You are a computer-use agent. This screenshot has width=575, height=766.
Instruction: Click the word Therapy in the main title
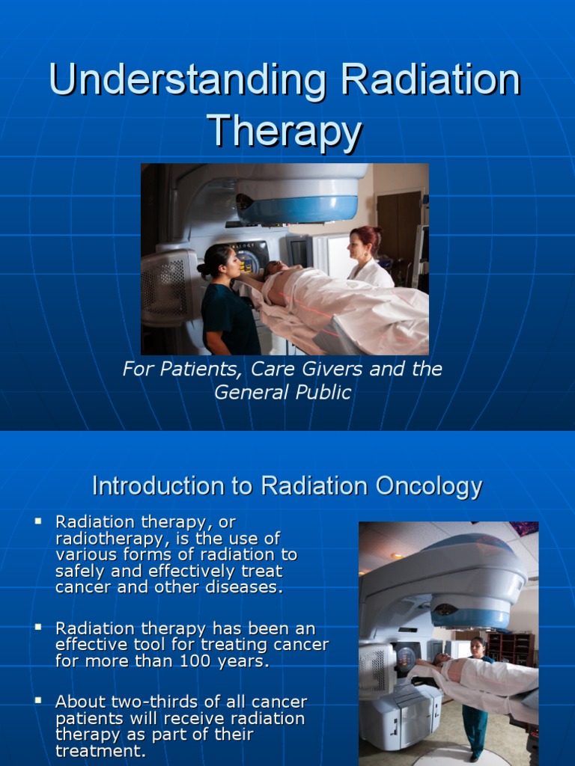click(285, 132)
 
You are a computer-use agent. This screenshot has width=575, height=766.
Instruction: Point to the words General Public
click(283, 393)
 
